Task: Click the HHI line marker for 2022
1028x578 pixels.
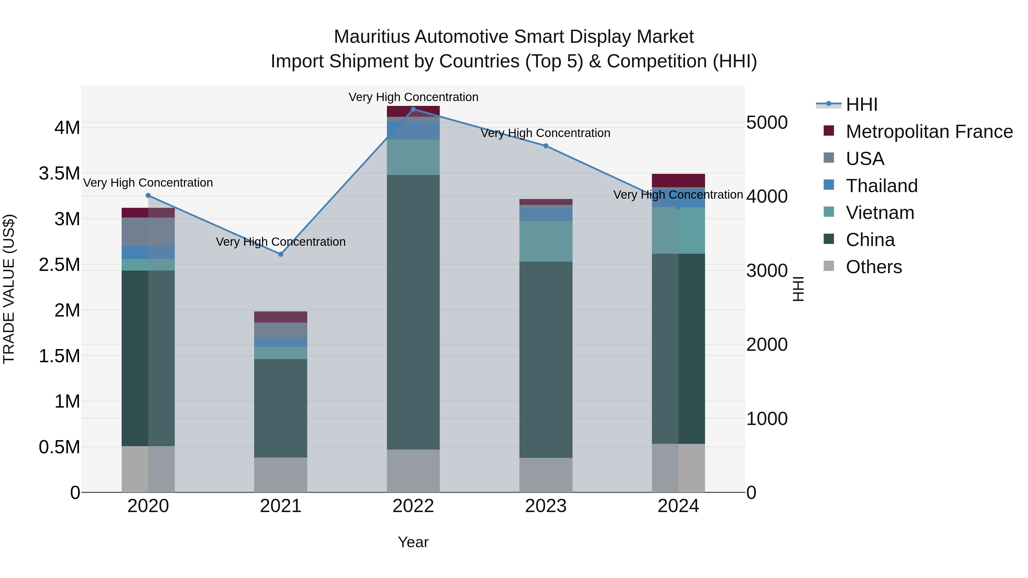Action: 413,109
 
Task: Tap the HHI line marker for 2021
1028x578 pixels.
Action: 280,254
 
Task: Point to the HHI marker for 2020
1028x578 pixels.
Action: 148,196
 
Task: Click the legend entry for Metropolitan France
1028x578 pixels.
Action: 929,132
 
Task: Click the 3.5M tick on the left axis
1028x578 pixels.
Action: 59,174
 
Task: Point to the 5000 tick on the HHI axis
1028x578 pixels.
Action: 767,122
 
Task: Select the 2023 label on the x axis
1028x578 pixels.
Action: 545,506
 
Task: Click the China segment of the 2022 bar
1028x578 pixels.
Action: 413,311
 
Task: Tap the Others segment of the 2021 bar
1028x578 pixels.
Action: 280,475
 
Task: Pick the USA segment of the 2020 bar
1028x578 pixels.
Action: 148,232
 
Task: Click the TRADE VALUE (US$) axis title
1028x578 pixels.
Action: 9,289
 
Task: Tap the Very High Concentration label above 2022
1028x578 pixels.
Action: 413,97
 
